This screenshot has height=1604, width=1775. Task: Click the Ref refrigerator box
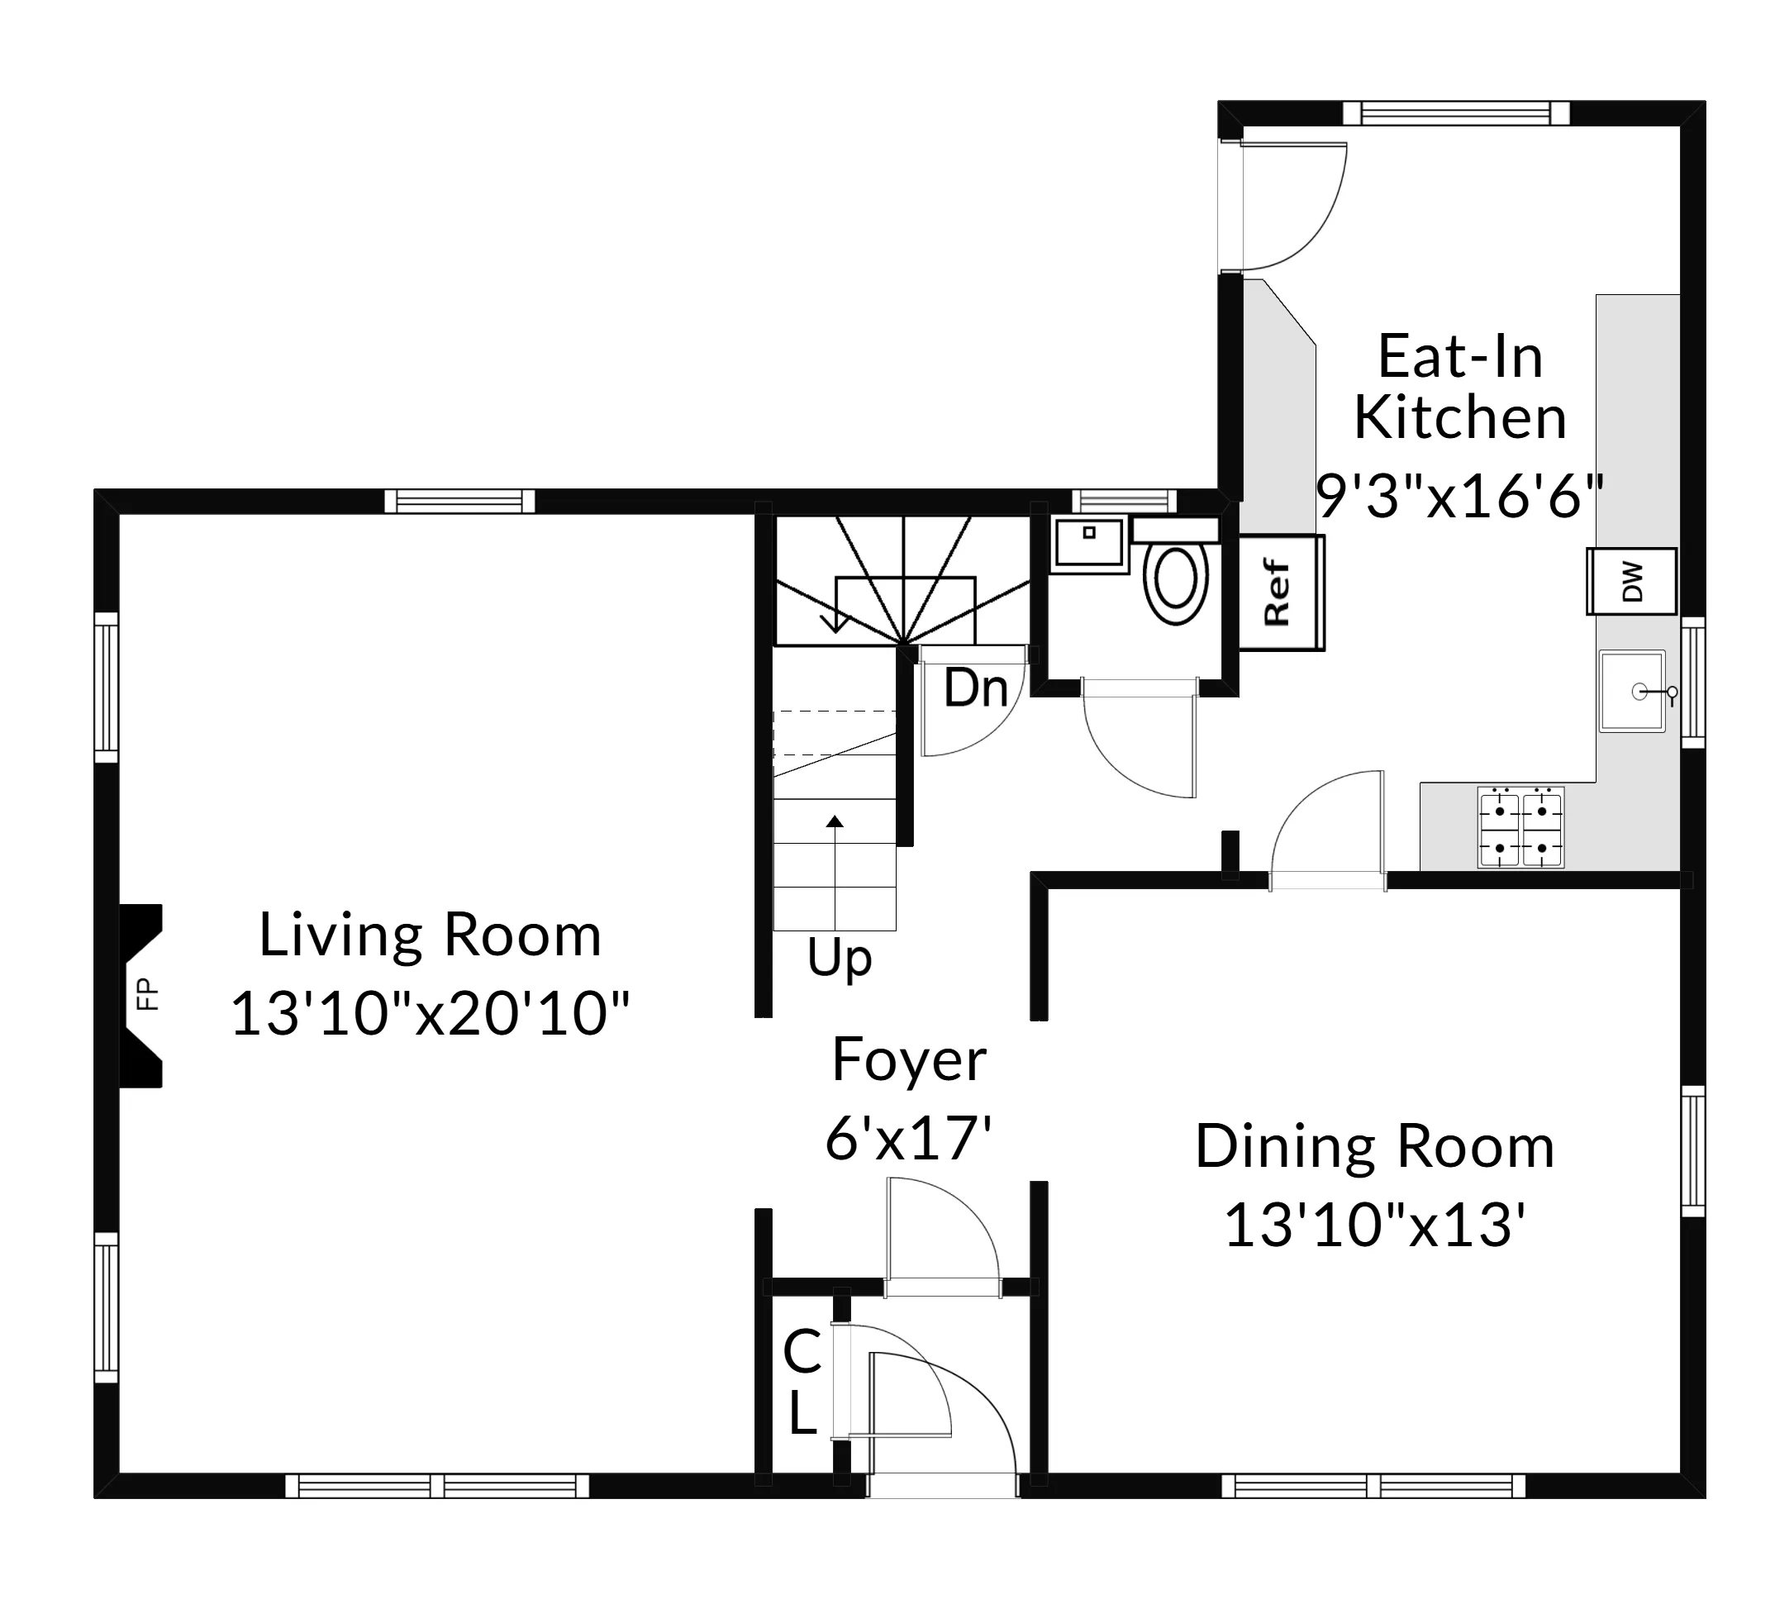tap(1280, 593)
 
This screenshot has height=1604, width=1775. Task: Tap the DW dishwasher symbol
tap(1631, 581)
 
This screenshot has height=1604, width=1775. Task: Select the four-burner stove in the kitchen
tap(1520, 827)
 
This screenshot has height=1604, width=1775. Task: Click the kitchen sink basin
tap(1631, 691)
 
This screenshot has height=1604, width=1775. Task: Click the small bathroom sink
tap(1089, 542)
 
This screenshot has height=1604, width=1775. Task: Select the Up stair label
tap(839, 959)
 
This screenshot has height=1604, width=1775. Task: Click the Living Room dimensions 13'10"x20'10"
tap(430, 1014)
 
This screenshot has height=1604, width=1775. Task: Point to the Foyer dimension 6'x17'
tap(909, 1138)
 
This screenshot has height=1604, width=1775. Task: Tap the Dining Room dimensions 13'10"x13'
tap(1374, 1226)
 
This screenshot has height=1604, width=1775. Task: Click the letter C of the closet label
tap(802, 1352)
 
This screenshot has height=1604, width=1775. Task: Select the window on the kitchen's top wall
tap(1455, 112)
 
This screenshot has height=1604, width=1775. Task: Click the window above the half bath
tap(1124, 501)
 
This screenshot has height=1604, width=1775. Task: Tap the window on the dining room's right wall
tap(1692, 1151)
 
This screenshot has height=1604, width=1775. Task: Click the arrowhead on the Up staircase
tap(835, 821)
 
